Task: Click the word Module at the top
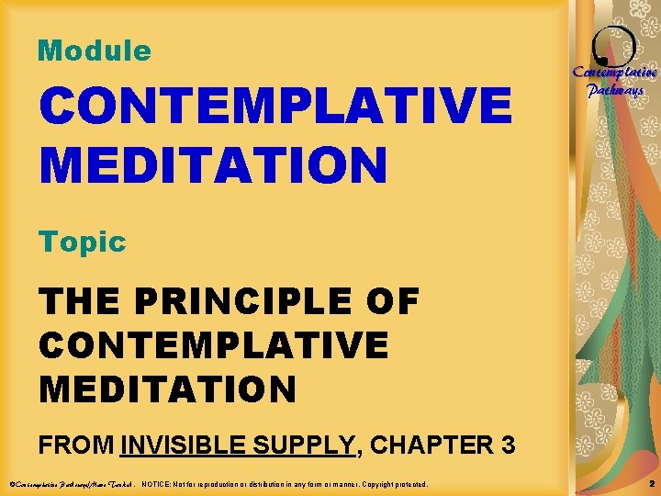coord(94,51)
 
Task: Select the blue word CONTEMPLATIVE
coord(274,106)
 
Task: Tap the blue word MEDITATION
coord(213,165)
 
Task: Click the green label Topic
coord(82,242)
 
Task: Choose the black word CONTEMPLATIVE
coord(213,344)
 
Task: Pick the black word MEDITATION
coord(168,389)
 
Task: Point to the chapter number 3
coord(507,445)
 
